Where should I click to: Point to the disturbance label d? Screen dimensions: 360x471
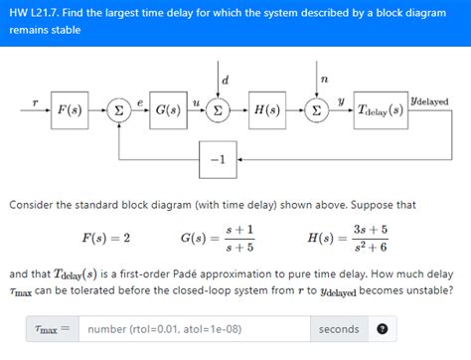point(226,79)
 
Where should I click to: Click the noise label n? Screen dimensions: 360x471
point(324,79)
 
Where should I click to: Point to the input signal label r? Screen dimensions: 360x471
point(35,101)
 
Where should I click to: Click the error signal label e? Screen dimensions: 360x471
point(141,101)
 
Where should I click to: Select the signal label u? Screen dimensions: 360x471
point(195,101)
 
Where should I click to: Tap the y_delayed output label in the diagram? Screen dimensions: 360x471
point(429,101)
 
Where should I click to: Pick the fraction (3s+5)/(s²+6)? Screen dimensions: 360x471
point(370,238)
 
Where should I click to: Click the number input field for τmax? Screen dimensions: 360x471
point(194,328)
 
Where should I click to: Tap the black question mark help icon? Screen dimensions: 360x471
point(382,328)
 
